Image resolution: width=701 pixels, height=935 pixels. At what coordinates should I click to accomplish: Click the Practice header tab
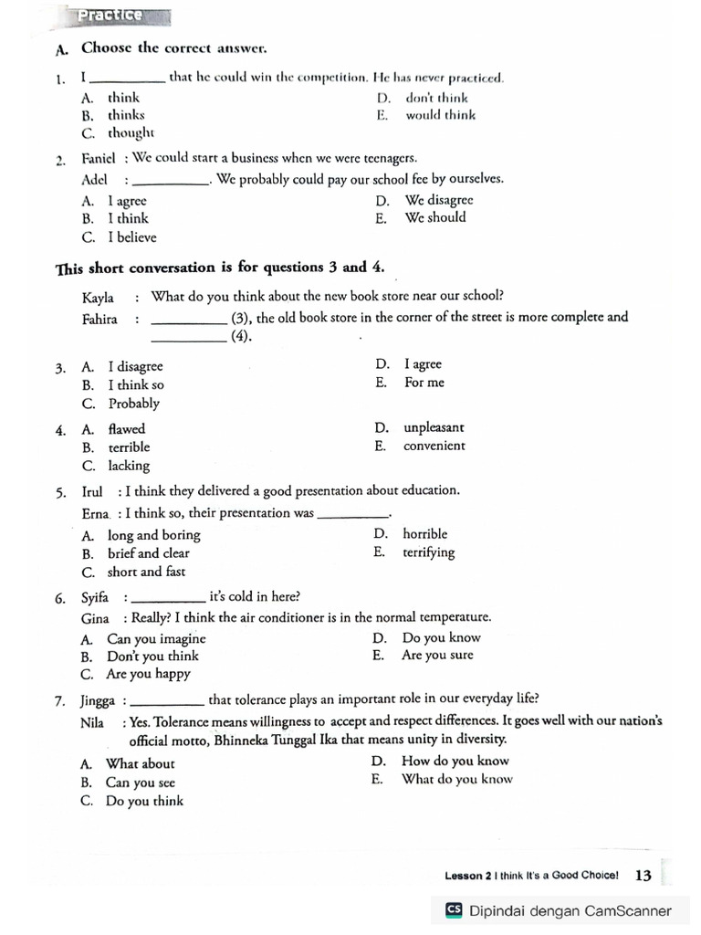coord(110,16)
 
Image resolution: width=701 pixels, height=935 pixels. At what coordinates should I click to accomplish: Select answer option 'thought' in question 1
coord(131,133)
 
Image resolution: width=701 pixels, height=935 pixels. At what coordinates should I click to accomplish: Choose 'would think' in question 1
coord(440,115)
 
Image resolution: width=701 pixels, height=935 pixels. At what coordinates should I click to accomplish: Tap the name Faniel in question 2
coord(99,159)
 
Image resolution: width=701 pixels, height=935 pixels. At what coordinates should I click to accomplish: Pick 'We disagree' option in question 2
coord(438,200)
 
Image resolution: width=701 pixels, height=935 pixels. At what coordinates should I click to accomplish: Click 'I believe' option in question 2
coord(131,237)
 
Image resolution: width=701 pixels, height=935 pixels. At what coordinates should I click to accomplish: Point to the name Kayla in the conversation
coord(99,297)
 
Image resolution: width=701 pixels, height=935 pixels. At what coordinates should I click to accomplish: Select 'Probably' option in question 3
coord(133,404)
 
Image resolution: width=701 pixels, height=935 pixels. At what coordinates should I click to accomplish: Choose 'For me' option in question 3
coord(424,383)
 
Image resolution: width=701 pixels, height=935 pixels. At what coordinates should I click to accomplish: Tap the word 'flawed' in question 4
coord(126,429)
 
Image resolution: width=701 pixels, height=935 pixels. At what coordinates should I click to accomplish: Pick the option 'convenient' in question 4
coord(434,446)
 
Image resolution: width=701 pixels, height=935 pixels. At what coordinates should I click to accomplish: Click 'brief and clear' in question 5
coord(149,553)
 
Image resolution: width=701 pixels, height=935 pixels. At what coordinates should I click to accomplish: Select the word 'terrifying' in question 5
coord(428,553)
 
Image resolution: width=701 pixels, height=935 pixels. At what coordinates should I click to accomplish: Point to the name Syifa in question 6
coord(94,598)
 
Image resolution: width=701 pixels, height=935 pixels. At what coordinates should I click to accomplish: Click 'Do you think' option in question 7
coord(144,802)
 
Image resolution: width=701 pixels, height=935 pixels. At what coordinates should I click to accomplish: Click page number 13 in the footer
coord(643,876)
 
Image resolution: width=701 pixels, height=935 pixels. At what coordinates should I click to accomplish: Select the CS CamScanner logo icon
coord(454,910)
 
